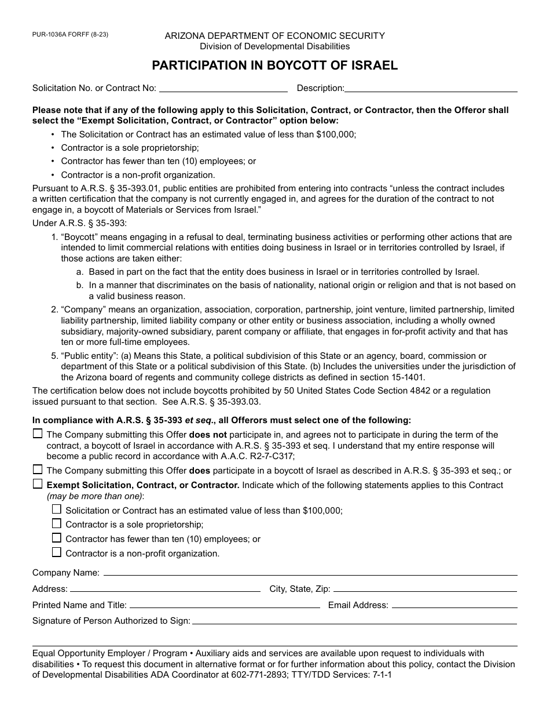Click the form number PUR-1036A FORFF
tap(70, 35)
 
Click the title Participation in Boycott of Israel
tap(274, 66)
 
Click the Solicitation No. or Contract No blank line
tap(223, 89)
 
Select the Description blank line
tap(431, 89)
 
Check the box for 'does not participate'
tap(38, 434)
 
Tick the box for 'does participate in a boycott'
tap(38, 470)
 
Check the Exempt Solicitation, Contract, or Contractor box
tap(38, 484)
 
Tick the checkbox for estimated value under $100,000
tap(57, 510)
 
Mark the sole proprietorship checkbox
tap(57, 523)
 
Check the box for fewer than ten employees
tap(57, 538)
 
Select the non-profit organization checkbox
tap(57, 552)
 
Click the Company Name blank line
tap(310, 573)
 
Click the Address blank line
tap(165, 590)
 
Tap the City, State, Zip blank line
tap(425, 590)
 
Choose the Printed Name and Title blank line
tap(224, 606)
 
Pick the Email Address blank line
tap(454, 606)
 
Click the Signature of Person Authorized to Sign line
tap(354, 621)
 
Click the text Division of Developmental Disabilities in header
tap(274, 46)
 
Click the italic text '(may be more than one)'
tap(96, 496)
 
